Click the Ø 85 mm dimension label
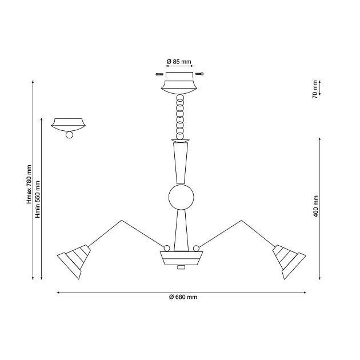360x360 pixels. (179, 62)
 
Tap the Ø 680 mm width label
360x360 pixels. (183, 297)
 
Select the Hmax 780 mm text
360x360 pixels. (29, 184)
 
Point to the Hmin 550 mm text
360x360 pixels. (38, 199)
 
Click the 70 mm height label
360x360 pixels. (315, 89)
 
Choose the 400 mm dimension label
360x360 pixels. (315, 206)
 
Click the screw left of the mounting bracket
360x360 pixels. (159, 74)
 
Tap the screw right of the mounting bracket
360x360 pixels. (199, 74)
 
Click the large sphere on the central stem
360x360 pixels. (181, 197)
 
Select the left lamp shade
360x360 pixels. (74, 261)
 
